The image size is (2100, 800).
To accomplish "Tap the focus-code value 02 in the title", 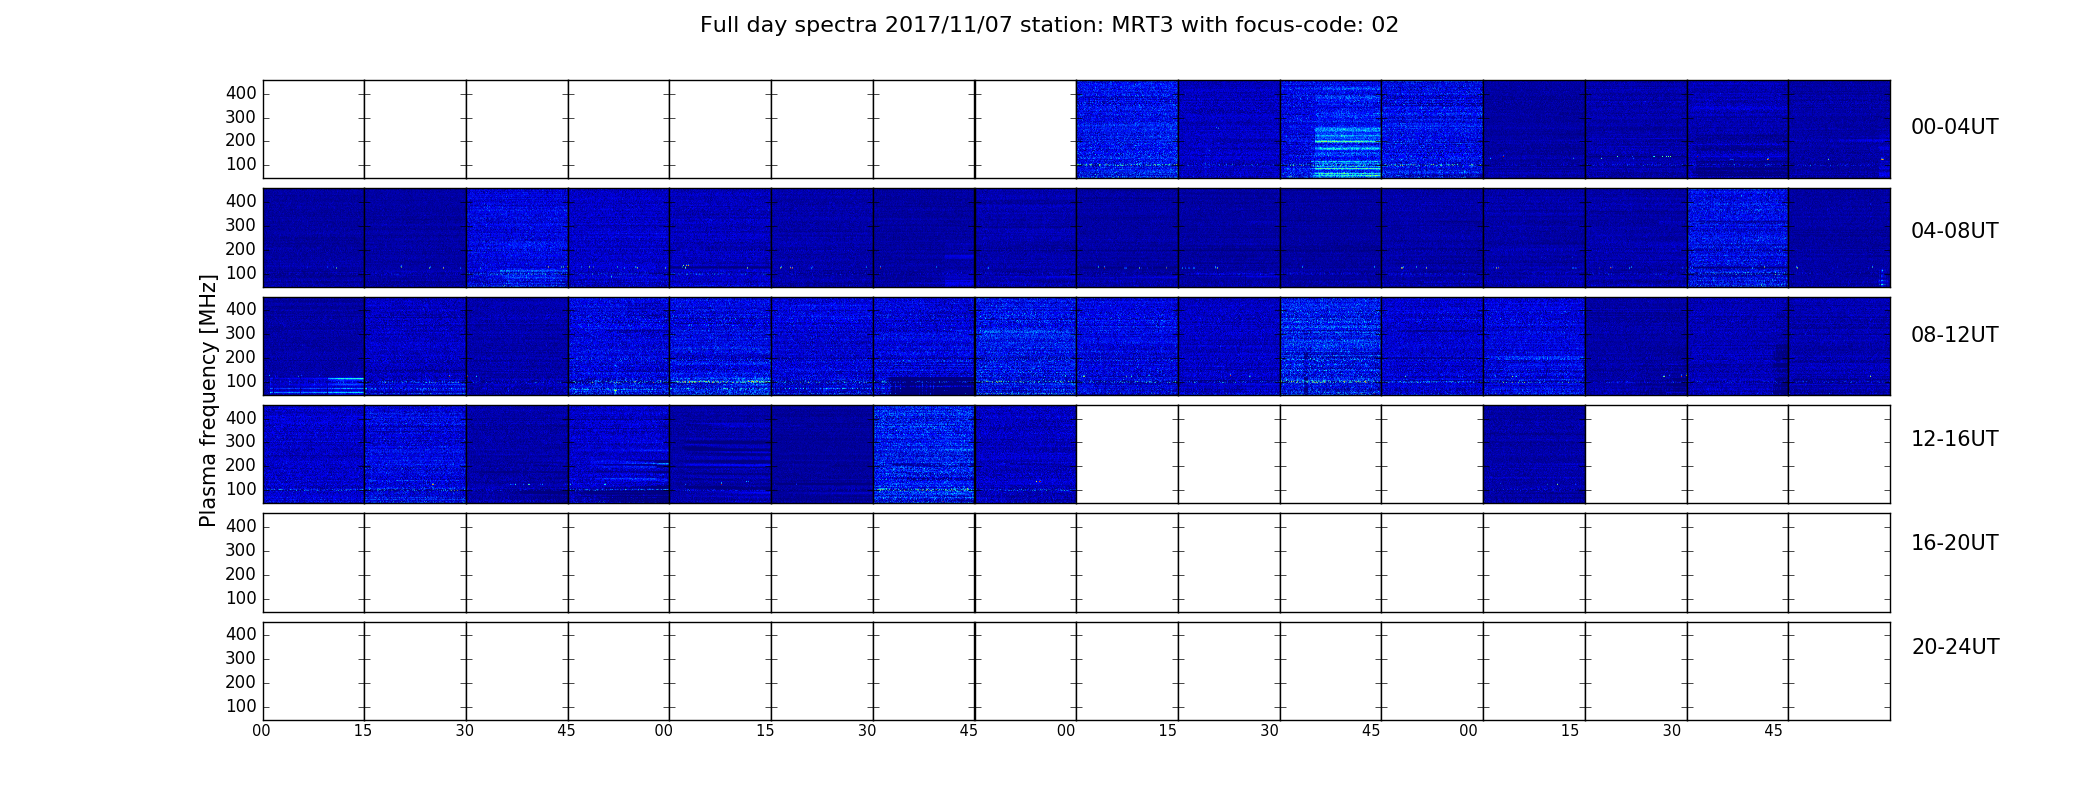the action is pos(1385,25).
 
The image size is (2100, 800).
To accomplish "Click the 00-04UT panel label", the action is pos(1955,127).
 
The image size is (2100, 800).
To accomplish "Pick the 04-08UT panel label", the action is pos(1955,231).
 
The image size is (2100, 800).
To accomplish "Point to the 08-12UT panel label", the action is pos(1955,335).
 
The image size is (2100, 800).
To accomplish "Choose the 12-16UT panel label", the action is pos(1955,439).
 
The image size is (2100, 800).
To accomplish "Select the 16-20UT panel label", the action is pos(1955,543).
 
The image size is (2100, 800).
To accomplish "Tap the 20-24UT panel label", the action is pos(1955,647).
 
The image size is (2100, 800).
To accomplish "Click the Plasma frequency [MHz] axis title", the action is pos(208,400).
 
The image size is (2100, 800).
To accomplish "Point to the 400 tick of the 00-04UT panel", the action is pos(241,93).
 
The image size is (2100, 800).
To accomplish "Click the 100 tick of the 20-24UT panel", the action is pos(241,706).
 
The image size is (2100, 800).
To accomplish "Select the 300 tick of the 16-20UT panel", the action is pos(241,550).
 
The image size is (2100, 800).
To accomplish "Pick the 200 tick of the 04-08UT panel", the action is pos(241,249).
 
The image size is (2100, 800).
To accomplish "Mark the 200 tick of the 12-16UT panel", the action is pos(241,465).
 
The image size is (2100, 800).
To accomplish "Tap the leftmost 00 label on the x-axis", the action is pos(261,731).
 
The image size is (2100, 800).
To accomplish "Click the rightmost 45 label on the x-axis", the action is pos(1773,731).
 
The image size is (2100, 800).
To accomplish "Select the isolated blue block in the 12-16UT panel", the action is pos(1534,454).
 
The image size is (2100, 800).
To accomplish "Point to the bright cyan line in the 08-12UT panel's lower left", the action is pos(345,379).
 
